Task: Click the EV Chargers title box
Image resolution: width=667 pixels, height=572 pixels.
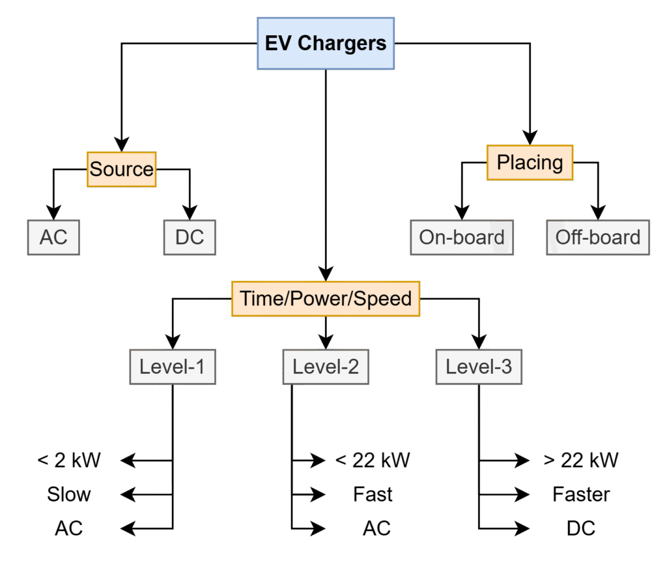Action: (325, 44)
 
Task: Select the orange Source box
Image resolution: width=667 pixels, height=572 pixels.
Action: (121, 169)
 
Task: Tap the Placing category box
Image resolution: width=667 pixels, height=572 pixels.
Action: (530, 162)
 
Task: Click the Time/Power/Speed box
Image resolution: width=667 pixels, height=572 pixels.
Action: (326, 298)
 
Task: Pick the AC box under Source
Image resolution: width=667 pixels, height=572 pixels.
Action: (53, 237)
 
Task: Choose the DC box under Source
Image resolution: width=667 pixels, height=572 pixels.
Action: (190, 237)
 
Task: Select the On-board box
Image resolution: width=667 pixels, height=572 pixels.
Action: (461, 237)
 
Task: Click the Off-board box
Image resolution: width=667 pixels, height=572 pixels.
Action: (597, 237)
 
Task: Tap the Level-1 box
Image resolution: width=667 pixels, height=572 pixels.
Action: (172, 367)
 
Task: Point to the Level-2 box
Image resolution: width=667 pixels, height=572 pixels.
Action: (325, 367)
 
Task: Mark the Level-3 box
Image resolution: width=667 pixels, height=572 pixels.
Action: (478, 367)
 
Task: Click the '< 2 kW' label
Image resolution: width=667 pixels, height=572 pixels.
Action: (69, 461)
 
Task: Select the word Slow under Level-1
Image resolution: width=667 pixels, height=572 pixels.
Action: (69, 494)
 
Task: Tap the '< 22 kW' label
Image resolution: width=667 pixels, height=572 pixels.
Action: (373, 461)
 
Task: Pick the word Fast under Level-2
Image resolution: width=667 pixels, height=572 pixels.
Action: (373, 494)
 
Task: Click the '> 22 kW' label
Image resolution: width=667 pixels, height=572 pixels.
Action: (580, 461)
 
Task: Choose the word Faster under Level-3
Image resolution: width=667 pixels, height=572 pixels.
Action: (580, 494)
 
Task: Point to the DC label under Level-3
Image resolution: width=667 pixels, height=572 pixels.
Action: (580, 528)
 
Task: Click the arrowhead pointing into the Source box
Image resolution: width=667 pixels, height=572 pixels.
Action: (121, 144)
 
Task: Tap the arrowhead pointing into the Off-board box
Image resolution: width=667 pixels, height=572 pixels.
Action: (597, 212)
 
